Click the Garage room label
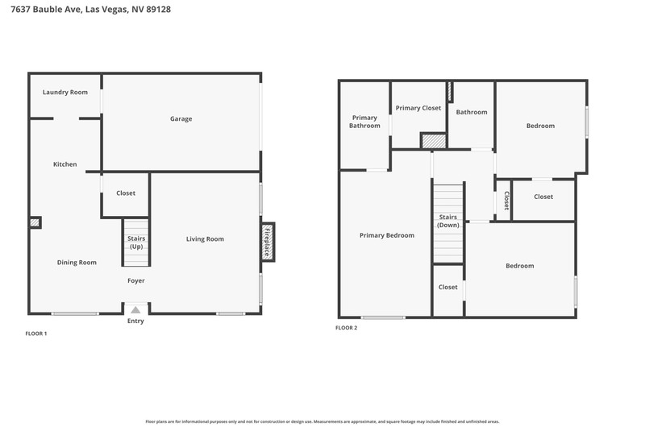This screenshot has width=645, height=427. pos(181,118)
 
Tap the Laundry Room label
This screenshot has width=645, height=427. pos(65,92)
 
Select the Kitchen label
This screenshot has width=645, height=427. pos(65,164)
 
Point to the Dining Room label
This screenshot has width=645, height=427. pos(77,262)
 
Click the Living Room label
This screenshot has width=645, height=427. pos(205,238)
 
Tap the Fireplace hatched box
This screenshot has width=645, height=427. pos(268,242)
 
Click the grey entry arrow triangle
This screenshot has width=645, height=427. pos(135,309)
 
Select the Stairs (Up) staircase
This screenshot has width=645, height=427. pos(136,243)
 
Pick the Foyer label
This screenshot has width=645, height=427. pos(135,280)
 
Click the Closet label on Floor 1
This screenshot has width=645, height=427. pos(126,193)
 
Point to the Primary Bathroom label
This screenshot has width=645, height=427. pos(364,122)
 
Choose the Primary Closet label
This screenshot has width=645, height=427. pos(418,108)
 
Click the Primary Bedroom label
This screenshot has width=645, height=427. pos(387,235)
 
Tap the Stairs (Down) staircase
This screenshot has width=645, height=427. pos(448,223)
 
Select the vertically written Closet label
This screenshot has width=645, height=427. pos(507,201)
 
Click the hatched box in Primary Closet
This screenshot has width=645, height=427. pos(434,141)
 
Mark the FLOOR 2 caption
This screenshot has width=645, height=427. pos(347,328)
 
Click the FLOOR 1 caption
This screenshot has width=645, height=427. pos(36,334)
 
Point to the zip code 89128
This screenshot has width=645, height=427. pos(158,9)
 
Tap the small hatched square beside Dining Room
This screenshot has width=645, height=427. pos(35,222)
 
